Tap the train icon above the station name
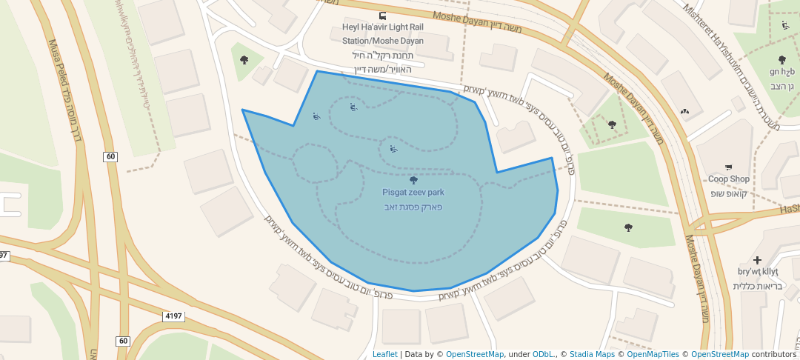[382, 16]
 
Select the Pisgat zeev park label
[413, 193]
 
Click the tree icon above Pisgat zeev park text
[413, 179]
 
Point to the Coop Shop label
[729, 179]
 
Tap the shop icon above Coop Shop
[729, 167]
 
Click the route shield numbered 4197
[173, 316]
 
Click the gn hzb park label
[781, 72]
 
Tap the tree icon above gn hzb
[781, 59]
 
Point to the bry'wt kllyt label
[756, 273]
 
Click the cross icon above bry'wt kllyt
[756, 260]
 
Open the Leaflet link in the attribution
[384, 354]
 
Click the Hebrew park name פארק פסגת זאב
[413, 207]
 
